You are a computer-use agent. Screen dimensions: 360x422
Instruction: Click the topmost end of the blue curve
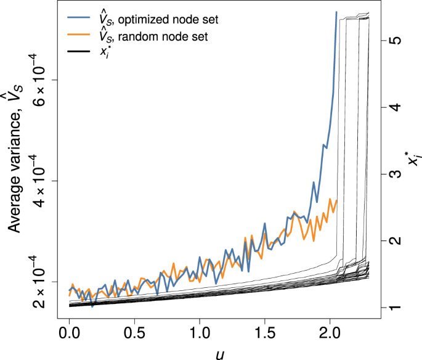point(336,12)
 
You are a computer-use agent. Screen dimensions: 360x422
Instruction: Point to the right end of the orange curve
point(337,200)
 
